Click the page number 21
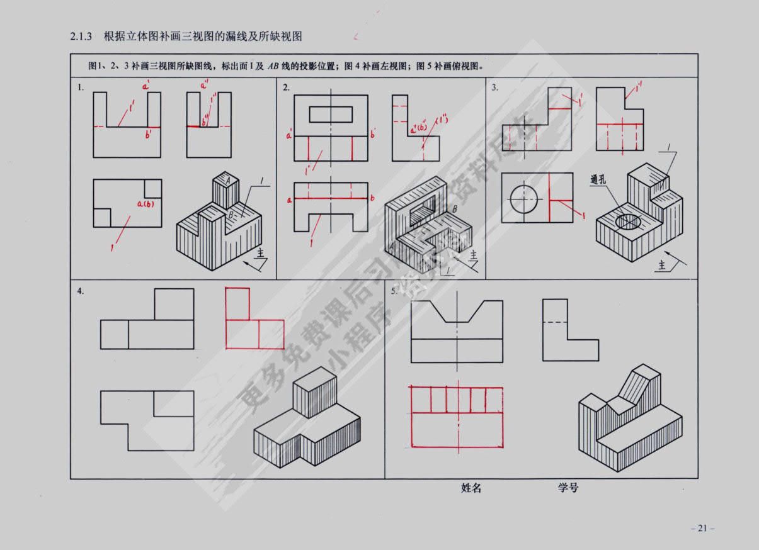(x=702, y=529)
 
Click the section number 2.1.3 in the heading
(x=82, y=36)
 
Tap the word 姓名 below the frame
(x=471, y=488)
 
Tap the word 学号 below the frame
(x=568, y=487)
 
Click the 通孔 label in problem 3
(x=600, y=179)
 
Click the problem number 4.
(x=80, y=291)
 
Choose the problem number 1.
(x=80, y=87)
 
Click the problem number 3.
(x=494, y=87)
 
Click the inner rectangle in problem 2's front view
(x=331, y=114)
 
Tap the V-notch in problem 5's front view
(x=457, y=311)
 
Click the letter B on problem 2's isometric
(x=454, y=208)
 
